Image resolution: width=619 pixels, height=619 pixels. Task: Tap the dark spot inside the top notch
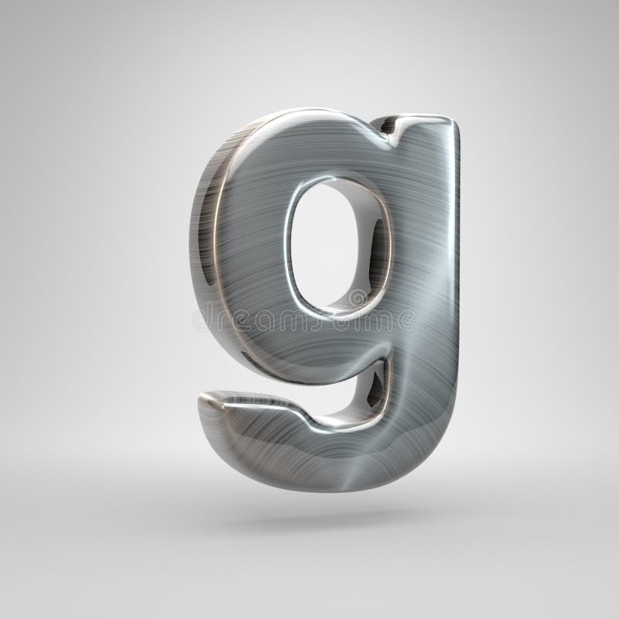386,124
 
